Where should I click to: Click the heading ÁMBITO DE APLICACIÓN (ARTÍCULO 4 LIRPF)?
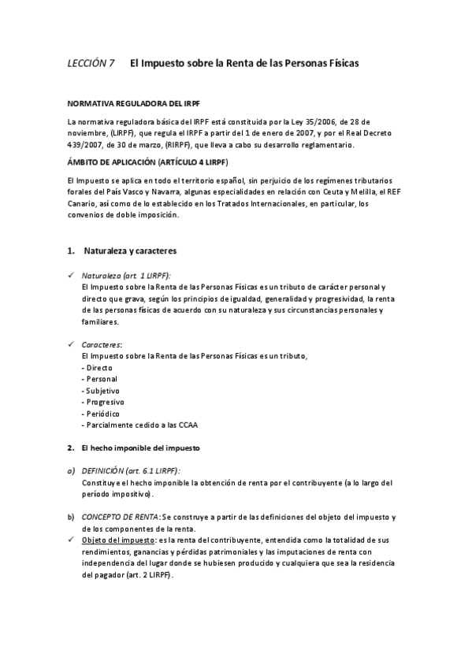pyautogui.click(x=147, y=161)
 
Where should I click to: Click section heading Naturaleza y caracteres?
pyautogui.click(x=129, y=251)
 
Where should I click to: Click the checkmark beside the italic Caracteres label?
pyautogui.click(x=71, y=345)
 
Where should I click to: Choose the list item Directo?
pyautogui.click(x=98, y=368)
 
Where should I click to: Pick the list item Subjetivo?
pyautogui.click(x=101, y=391)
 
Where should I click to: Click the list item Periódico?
pyautogui.click(x=101, y=414)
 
